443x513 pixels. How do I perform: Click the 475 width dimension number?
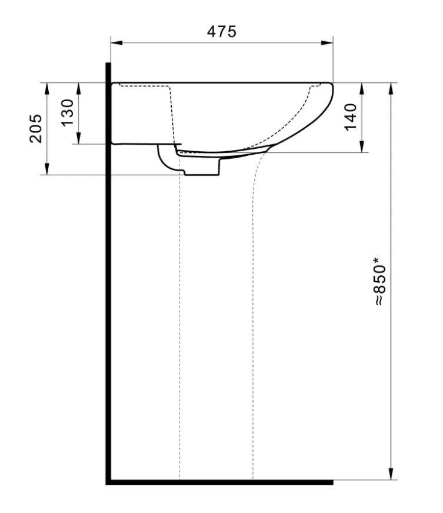tap(221, 31)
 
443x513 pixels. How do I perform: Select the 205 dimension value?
tap(36, 128)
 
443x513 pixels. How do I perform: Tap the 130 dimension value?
tap(68, 112)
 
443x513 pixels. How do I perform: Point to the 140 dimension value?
tap(351, 117)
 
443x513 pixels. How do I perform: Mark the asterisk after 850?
tap(377, 259)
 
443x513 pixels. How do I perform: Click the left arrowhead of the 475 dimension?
tap(115, 42)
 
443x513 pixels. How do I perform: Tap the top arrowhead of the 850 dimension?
tap(389, 88)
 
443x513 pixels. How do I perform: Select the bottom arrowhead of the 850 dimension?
tap(389, 475)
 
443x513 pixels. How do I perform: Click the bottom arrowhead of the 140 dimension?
tap(362, 148)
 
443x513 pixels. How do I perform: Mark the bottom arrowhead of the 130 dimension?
tap(78, 139)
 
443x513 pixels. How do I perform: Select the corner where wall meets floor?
tap(109, 482)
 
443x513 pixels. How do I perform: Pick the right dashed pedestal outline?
tap(253, 324)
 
